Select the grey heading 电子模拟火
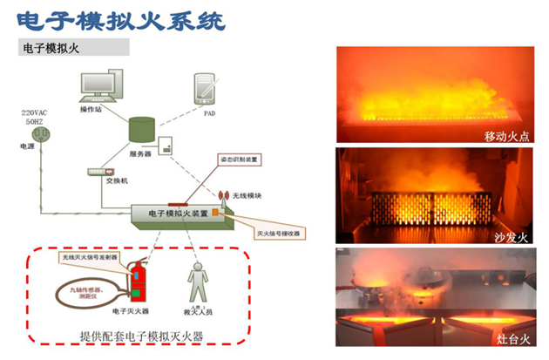[51, 49]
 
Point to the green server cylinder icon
[141, 129]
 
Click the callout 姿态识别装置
[237, 161]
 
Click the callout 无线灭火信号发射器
[91, 258]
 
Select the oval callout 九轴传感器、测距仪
[73, 290]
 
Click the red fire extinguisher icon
[136, 279]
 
